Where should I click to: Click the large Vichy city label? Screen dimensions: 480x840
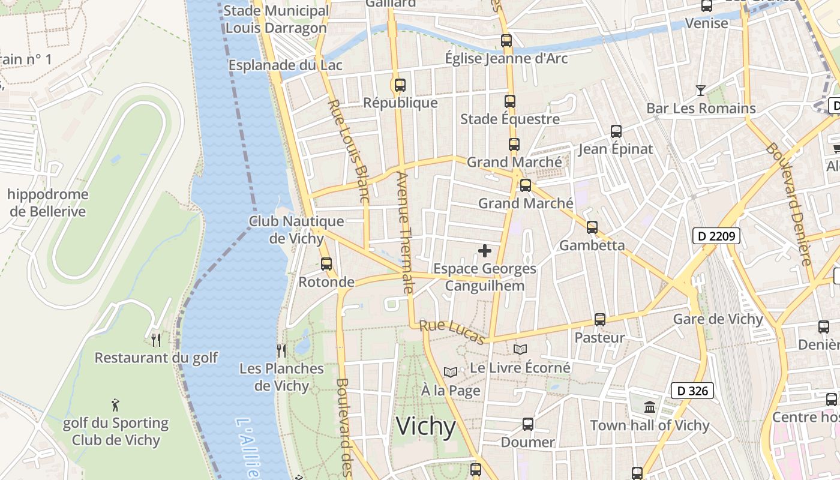426,427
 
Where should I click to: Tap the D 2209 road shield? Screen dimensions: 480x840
716,236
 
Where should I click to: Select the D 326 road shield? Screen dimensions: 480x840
692,391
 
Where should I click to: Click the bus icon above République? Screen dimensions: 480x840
400,85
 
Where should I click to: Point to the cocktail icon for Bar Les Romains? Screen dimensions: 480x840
700,91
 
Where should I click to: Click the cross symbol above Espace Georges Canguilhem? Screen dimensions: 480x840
485,251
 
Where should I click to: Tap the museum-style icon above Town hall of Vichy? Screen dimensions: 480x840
650,407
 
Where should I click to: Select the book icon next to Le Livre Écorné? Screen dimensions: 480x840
520,349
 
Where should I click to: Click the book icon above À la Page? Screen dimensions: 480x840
451,373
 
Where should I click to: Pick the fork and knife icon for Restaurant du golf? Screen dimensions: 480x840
156,340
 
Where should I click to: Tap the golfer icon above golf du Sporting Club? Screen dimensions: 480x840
116,405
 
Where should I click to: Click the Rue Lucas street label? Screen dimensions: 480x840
452,332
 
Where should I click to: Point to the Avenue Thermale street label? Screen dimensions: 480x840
405,233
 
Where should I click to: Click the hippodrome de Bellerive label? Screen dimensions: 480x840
48,203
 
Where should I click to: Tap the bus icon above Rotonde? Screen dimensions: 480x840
326,263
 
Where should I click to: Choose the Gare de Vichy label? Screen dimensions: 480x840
718,319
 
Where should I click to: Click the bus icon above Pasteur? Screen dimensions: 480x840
600,320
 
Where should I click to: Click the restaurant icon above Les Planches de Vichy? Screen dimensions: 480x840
281,350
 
